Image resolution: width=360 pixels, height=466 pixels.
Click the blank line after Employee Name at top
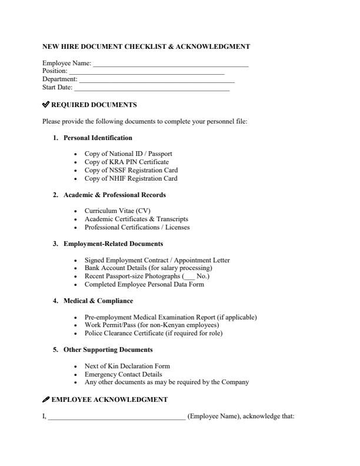pos(171,64)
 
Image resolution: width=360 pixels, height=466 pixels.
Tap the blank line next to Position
pos(147,72)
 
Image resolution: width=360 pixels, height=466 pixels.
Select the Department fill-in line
pos(156,80)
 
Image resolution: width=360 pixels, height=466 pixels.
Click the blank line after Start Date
pos(151,88)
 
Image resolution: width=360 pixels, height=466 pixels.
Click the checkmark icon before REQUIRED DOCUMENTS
pos(46,105)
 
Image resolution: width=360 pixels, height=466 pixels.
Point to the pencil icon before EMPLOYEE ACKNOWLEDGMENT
pos(46,400)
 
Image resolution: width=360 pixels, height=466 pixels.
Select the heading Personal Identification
pos(98,138)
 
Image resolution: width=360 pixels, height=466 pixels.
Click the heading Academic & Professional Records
pos(115,195)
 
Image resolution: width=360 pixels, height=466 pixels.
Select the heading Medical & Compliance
pos(98,301)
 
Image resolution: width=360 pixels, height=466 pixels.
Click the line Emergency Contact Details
pos(123,374)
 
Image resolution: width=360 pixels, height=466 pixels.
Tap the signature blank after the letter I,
pos(116,417)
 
